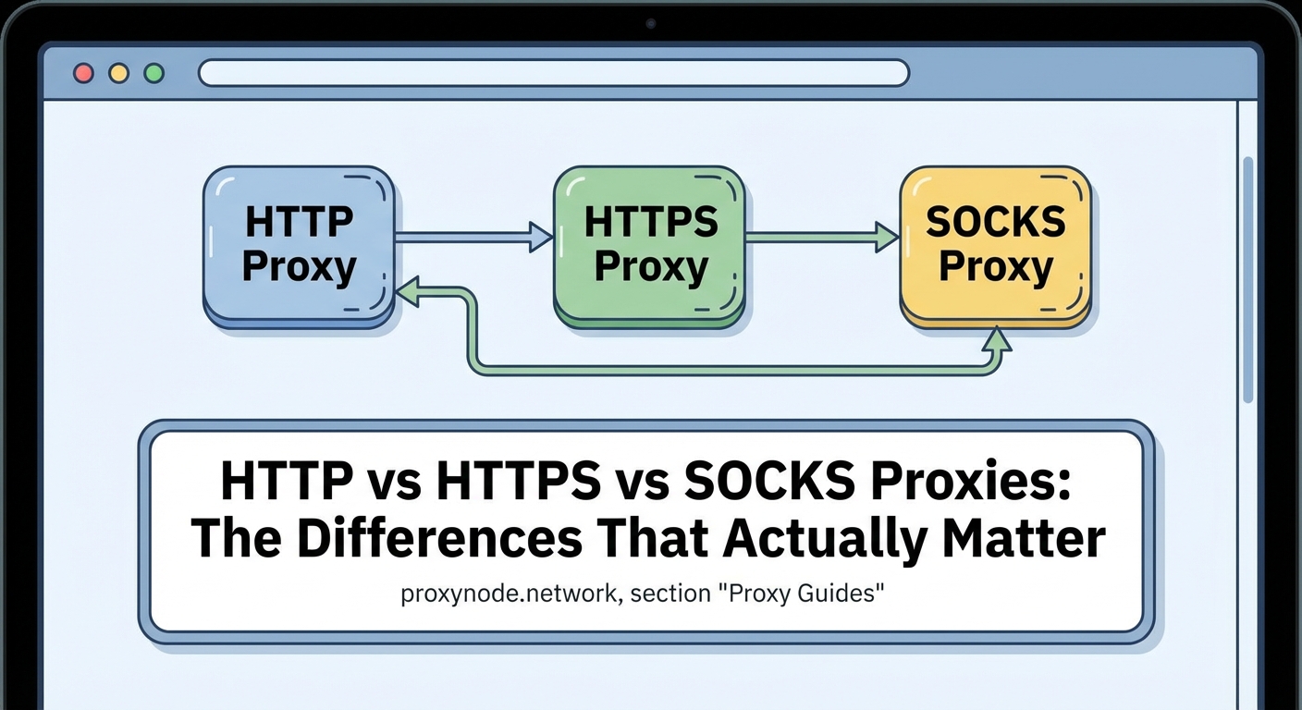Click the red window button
84,73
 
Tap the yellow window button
119,73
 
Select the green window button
154,73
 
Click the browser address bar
553,73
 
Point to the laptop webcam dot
651,23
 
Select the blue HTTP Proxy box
299,244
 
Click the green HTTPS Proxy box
650,244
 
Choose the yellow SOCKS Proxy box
996,244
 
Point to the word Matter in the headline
1023,539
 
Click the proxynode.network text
509,594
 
